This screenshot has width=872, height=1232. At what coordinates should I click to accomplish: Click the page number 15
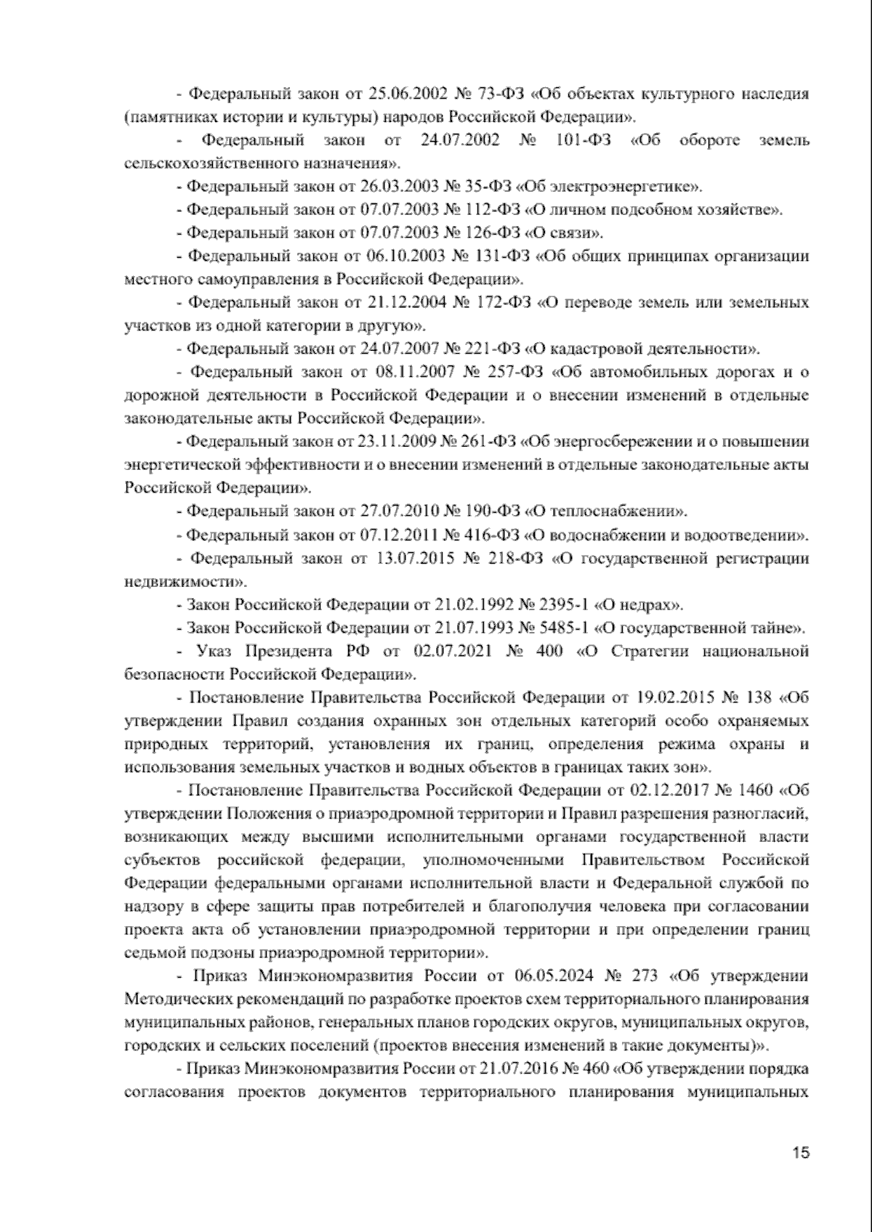(801, 1153)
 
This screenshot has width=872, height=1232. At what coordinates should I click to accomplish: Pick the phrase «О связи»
(565, 233)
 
